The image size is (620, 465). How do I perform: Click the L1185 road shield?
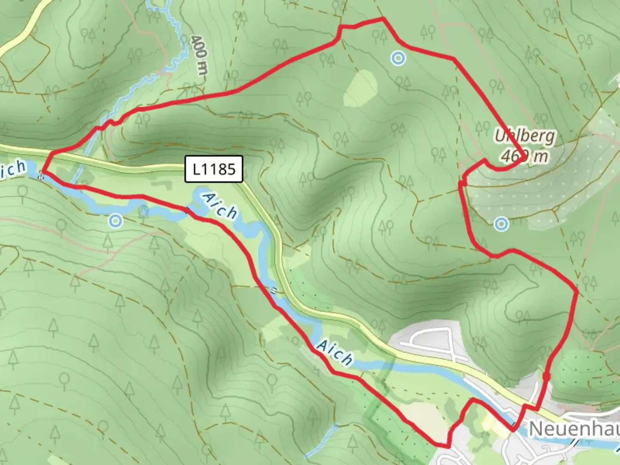click(214, 169)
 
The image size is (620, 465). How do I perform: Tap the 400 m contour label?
click(199, 55)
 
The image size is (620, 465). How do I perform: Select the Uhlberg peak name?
click(524, 136)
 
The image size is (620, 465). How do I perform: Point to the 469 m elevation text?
click(524, 156)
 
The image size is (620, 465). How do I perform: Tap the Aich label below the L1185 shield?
click(220, 207)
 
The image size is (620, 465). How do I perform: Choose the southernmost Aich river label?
click(335, 353)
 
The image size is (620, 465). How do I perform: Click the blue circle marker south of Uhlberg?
click(502, 223)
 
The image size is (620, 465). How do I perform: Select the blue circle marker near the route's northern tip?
click(398, 58)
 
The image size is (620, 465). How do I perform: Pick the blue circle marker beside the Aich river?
click(115, 221)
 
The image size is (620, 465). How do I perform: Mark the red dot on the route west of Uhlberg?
click(463, 184)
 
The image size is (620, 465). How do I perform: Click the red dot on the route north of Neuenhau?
click(546, 377)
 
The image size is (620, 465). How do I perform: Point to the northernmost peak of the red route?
click(382, 19)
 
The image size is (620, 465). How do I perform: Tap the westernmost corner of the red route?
click(43, 172)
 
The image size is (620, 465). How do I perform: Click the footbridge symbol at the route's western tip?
click(41, 175)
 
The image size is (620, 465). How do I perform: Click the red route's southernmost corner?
click(445, 446)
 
